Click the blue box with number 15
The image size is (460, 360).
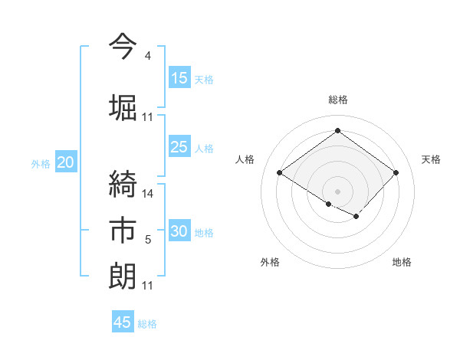tap(179, 78)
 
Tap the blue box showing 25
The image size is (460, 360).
tap(179, 148)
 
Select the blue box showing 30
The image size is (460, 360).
tap(179, 231)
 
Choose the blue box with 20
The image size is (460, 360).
tap(66, 162)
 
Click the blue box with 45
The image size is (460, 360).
tap(123, 322)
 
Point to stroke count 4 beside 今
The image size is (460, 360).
tap(147, 57)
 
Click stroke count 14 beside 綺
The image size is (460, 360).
tap(148, 194)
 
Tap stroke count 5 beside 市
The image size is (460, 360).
tap(147, 241)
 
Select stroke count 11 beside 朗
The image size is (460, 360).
tap(148, 286)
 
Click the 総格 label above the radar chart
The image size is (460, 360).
tap(337, 100)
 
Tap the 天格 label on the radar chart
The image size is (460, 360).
tap(431, 159)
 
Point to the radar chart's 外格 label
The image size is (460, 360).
tap(270, 263)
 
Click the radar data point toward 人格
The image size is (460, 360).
tap(279, 173)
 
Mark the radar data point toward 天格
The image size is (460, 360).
tap(396, 173)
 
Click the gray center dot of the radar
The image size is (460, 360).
tap(337, 191)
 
